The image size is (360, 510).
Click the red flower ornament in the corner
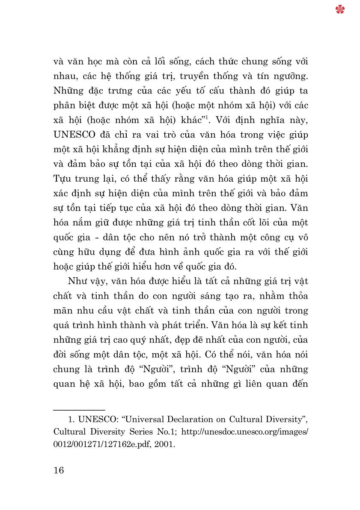pos(340,9)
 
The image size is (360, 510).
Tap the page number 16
pos(59,470)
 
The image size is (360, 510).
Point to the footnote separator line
pos(79,411)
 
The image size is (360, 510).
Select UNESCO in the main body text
pos(76,135)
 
